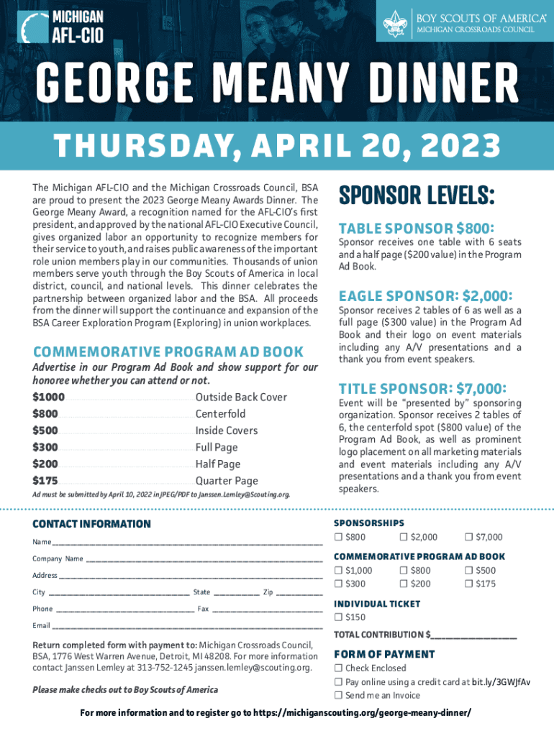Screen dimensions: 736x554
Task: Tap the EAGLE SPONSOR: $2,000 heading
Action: (x=426, y=296)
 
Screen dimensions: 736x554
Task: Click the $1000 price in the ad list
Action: (x=49, y=397)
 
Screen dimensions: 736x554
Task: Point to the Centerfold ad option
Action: (x=220, y=414)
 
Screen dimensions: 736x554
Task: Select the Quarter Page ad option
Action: (x=227, y=481)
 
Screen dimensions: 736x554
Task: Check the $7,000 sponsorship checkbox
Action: (x=468, y=538)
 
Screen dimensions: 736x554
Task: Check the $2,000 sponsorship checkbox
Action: (x=404, y=538)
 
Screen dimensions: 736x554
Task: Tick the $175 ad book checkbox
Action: (x=468, y=584)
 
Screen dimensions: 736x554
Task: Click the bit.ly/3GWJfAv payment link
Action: (x=501, y=682)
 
